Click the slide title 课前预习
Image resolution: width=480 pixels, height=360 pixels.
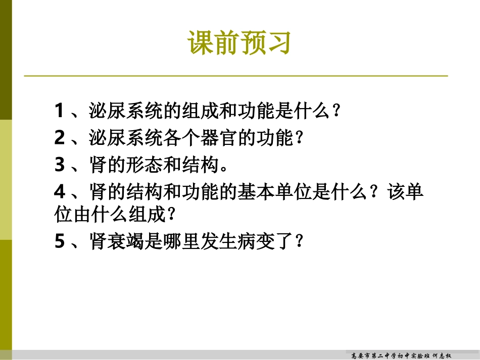point(239,42)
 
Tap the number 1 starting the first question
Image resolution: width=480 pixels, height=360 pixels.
point(60,111)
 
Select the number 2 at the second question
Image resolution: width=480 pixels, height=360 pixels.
point(60,138)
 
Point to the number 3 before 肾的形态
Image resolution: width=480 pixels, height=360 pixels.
point(60,165)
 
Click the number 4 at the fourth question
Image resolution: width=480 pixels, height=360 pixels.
point(60,192)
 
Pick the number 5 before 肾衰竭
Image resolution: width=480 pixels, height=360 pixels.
point(60,242)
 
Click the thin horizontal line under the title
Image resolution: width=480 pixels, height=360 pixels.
point(236,76)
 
